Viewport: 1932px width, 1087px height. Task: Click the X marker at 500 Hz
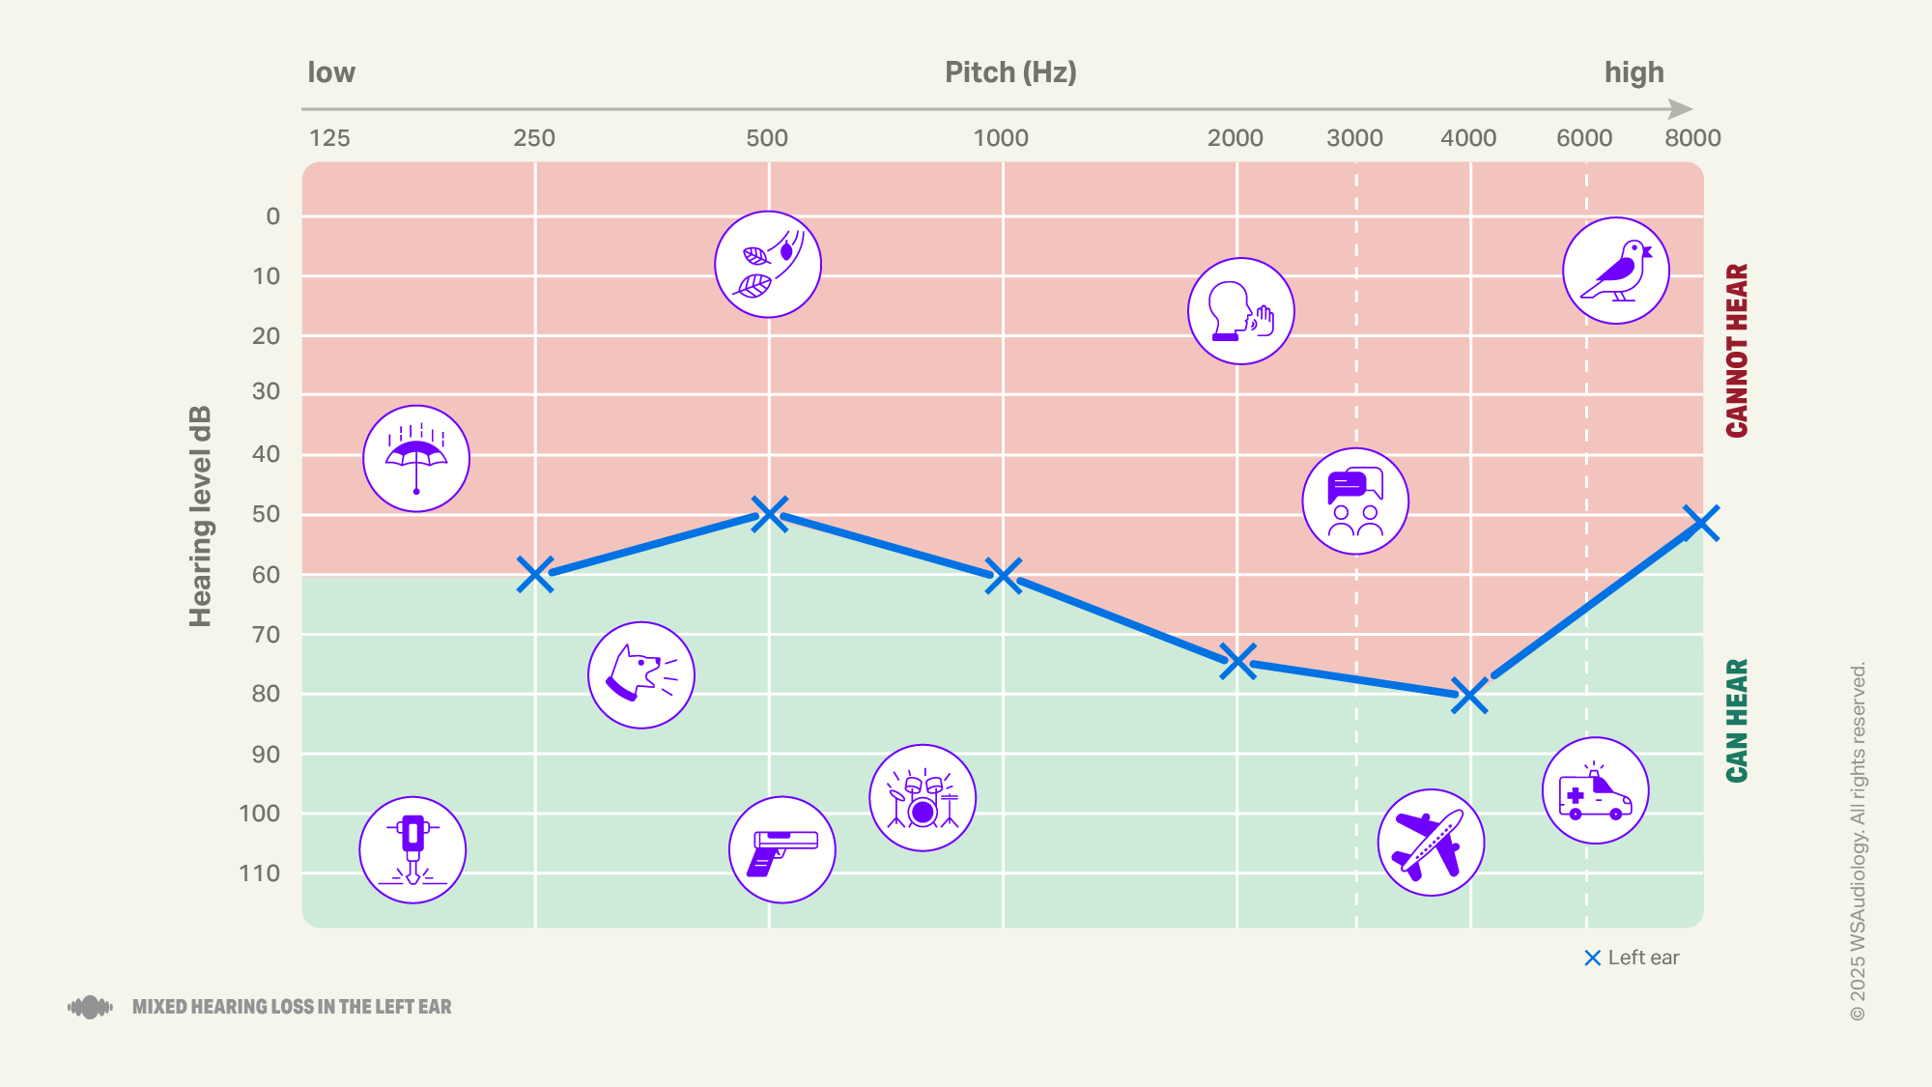pos(769,514)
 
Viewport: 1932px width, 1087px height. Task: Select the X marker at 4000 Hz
pos(1469,696)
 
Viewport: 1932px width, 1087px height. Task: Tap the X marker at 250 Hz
pos(535,575)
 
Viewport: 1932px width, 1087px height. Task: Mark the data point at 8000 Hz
pos(1701,523)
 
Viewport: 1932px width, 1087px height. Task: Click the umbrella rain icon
pos(416,459)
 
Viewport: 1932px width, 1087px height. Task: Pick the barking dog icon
pos(641,675)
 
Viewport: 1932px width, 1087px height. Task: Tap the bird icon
pos(1616,272)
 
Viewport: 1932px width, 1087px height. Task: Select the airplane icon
pos(1431,843)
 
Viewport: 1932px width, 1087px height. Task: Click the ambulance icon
pos(1595,791)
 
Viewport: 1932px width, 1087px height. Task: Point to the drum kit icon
pos(923,798)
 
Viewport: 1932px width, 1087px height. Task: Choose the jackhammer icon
pos(412,850)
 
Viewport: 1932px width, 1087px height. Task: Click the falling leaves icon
pos(768,265)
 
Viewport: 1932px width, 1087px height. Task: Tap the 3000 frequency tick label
pos(1354,138)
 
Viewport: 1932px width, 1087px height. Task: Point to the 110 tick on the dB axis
pos(260,873)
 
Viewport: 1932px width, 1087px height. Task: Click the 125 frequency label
pos(329,138)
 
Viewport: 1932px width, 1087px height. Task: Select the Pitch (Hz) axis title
pos(1010,72)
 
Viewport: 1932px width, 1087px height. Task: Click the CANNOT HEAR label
pos(1737,350)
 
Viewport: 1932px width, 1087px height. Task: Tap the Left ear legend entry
pos(1633,958)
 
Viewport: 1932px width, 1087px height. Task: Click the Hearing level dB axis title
pos(200,517)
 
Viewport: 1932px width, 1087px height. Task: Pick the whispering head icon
pos(1241,311)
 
